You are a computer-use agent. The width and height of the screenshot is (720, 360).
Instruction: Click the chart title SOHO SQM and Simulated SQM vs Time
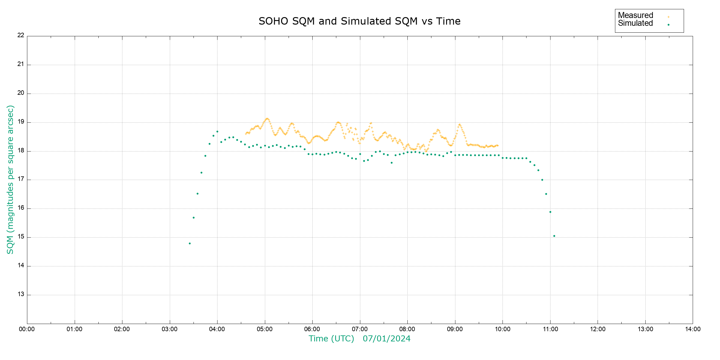(359, 21)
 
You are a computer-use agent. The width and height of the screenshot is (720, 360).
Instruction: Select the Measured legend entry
(635, 15)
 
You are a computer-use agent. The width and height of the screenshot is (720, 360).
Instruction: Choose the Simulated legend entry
(635, 23)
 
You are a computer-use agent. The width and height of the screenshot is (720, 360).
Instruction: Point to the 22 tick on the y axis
(21, 35)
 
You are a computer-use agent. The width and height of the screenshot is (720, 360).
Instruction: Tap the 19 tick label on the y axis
(21, 122)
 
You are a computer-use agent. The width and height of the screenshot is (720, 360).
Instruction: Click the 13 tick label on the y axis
(21, 294)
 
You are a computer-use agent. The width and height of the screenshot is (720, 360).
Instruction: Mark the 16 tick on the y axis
(21, 208)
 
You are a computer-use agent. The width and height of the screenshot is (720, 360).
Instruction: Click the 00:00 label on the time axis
(27, 329)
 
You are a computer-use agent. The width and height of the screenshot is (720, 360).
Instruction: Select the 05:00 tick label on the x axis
(265, 329)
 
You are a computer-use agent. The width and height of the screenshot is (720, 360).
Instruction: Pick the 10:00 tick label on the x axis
(502, 329)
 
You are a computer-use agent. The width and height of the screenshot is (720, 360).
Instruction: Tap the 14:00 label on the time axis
(693, 329)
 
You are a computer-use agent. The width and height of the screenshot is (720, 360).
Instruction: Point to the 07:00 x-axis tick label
(360, 329)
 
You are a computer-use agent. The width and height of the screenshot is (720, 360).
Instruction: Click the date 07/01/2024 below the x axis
(386, 339)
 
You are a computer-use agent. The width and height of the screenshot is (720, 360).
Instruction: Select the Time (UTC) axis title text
(331, 339)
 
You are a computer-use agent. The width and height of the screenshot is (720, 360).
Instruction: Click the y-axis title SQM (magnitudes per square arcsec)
(10, 179)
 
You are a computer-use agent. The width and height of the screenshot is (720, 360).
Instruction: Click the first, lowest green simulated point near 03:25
(190, 243)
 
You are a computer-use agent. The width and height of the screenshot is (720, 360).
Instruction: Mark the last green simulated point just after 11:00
(554, 236)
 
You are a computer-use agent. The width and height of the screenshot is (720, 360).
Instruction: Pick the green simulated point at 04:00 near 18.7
(217, 131)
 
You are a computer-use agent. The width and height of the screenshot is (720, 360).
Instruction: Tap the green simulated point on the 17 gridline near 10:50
(542, 180)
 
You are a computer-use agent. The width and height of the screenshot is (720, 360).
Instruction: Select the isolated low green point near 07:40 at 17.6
(391, 163)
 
